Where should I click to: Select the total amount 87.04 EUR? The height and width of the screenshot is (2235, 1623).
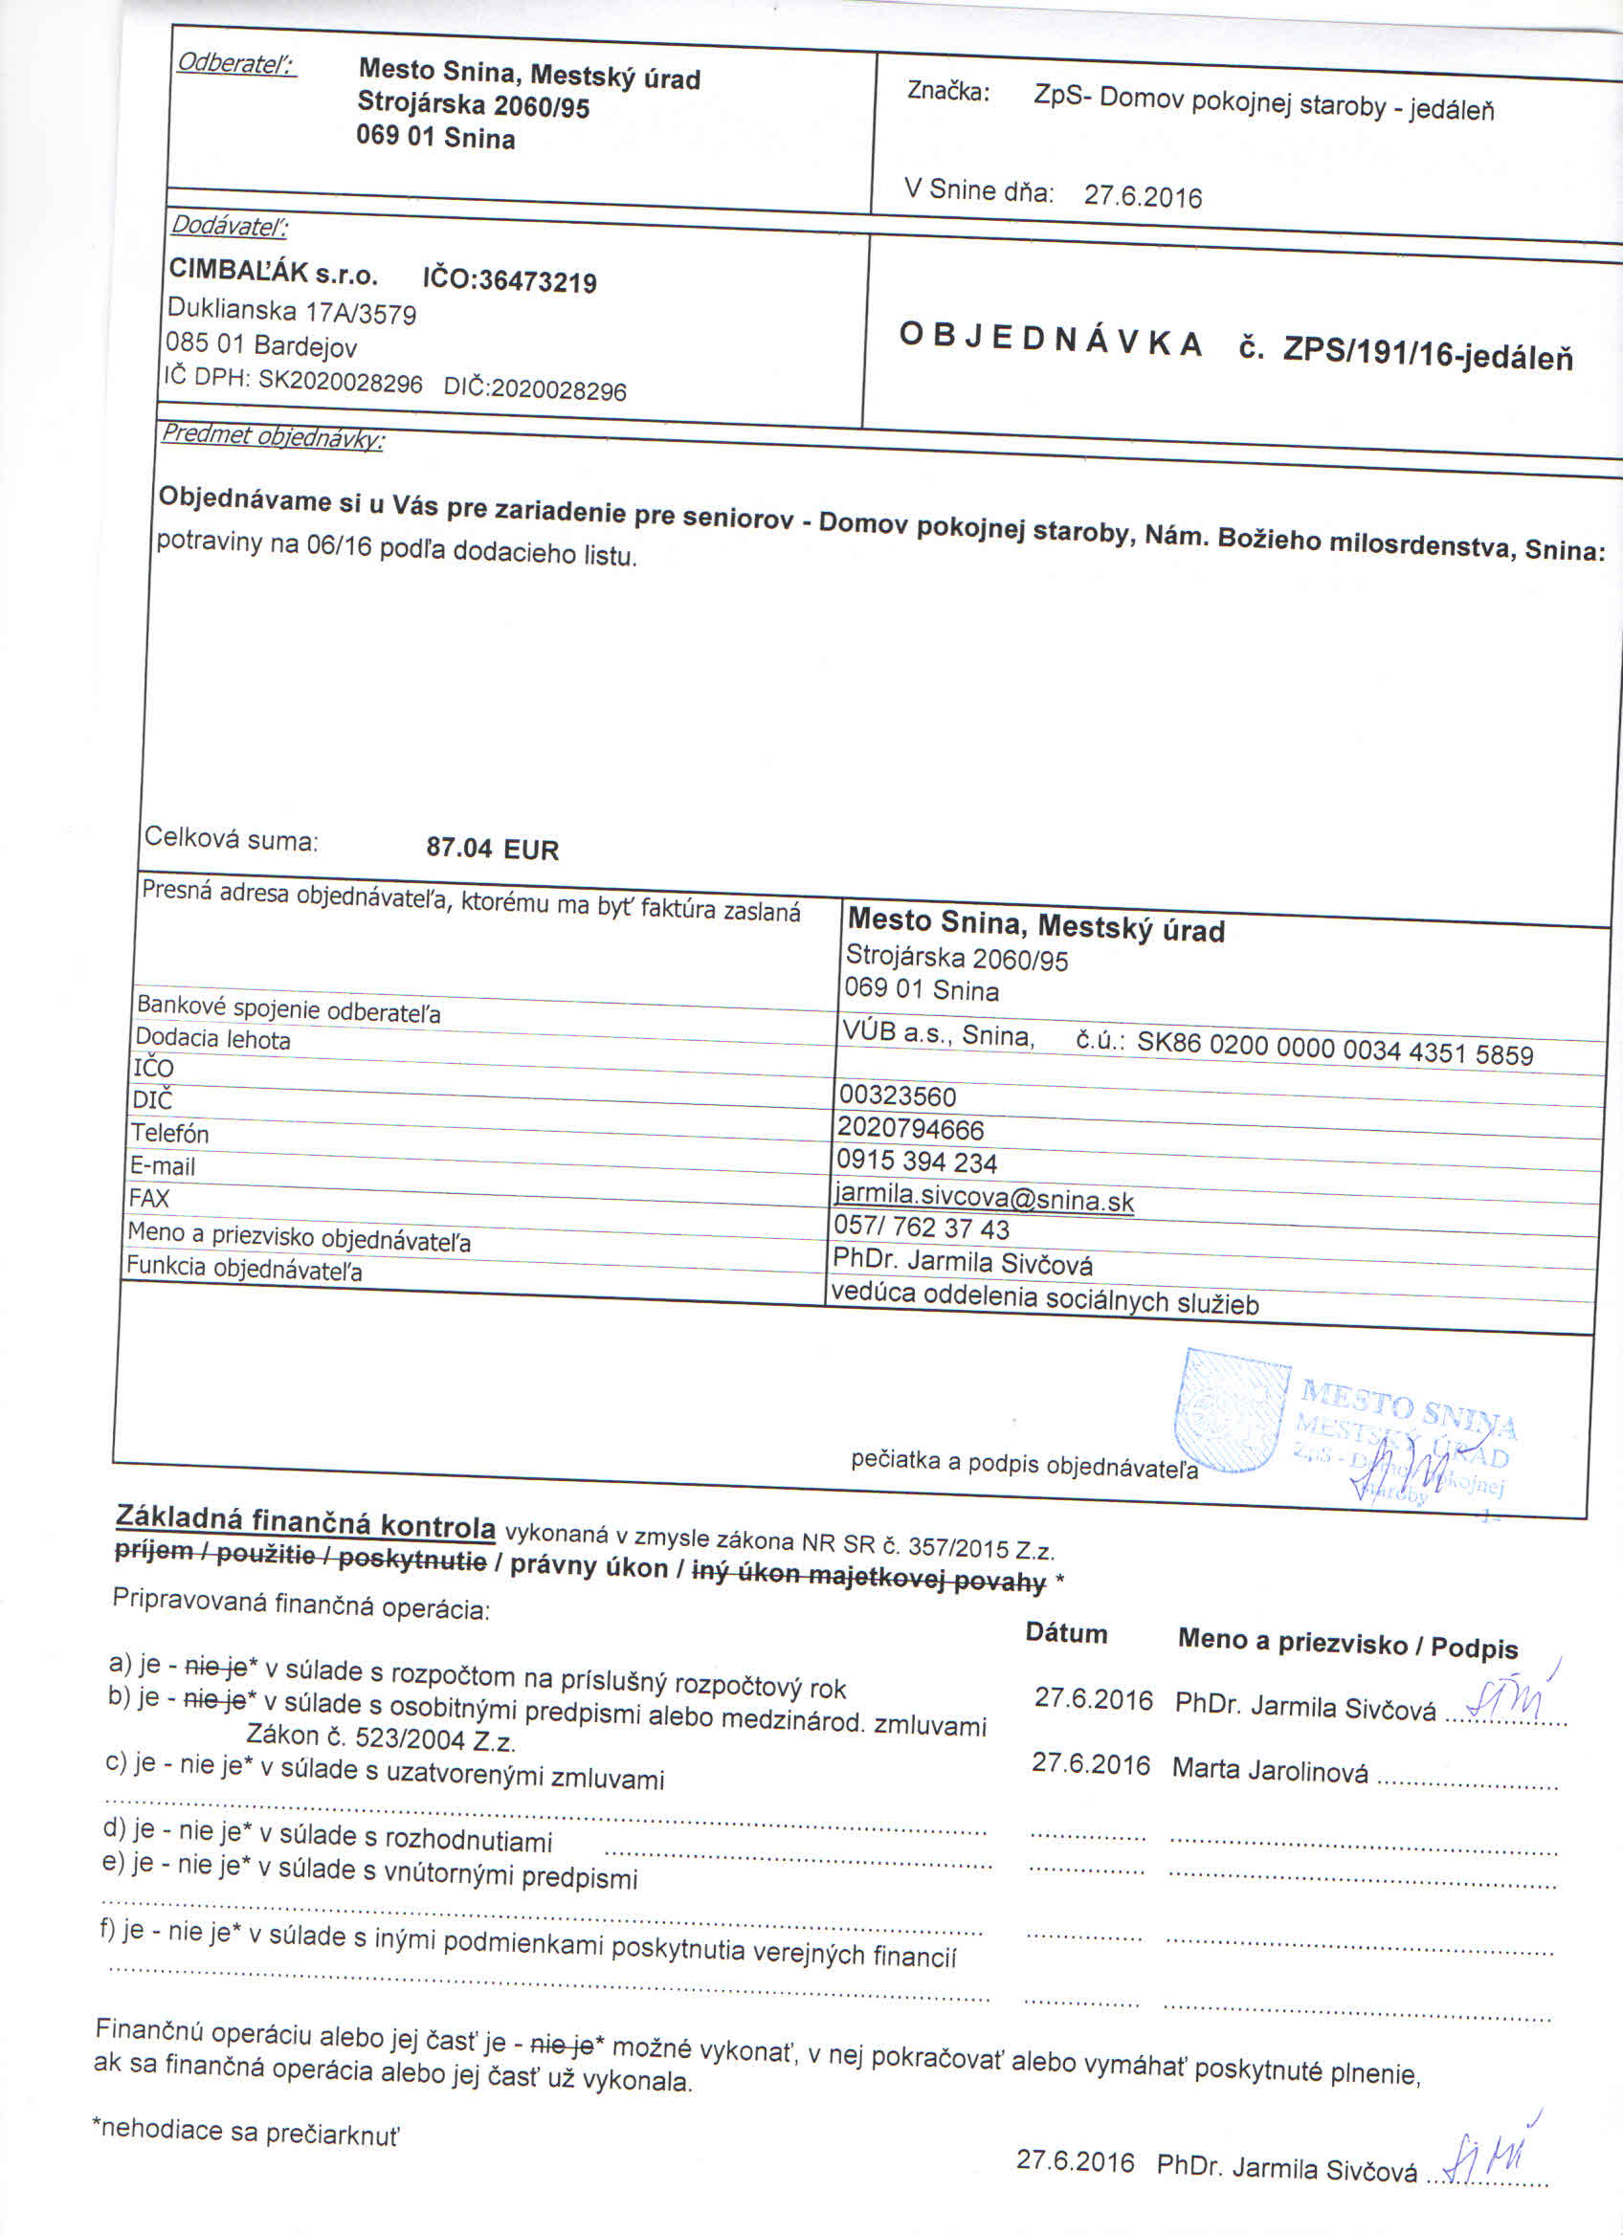(492, 849)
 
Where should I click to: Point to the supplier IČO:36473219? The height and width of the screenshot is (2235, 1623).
(509, 281)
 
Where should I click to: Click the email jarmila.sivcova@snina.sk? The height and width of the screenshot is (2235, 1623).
(984, 1198)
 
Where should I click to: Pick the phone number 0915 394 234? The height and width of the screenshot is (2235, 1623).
(917, 1162)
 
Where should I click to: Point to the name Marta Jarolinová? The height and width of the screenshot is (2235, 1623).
(1269, 1770)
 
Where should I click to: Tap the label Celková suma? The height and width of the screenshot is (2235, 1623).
(231, 840)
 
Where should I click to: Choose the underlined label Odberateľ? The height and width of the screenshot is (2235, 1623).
(236, 64)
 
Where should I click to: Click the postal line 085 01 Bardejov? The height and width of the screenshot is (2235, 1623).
(261, 344)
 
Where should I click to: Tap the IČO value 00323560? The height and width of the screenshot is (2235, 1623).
(897, 1095)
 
